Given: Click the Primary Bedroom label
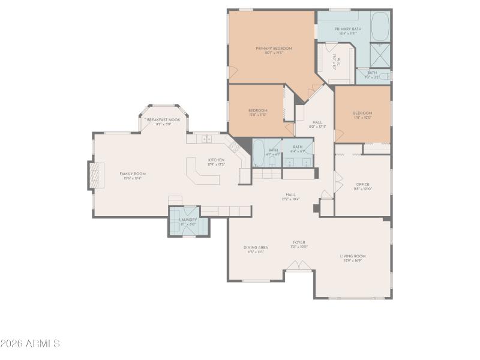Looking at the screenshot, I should click(x=274, y=48).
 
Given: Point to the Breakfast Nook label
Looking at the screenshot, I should click(x=163, y=120).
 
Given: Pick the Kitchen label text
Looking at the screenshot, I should click(x=216, y=160).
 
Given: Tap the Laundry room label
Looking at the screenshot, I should click(x=188, y=220).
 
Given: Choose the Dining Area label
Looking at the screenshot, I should click(x=256, y=247).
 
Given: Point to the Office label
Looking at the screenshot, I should click(x=362, y=184).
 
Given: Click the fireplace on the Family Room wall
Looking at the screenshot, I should click(x=92, y=175).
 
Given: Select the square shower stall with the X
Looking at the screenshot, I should click(x=380, y=53).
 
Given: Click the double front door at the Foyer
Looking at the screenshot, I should click(x=298, y=265).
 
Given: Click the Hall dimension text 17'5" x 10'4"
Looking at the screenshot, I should click(x=290, y=199).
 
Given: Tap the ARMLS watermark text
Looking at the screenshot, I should click(x=30, y=344).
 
